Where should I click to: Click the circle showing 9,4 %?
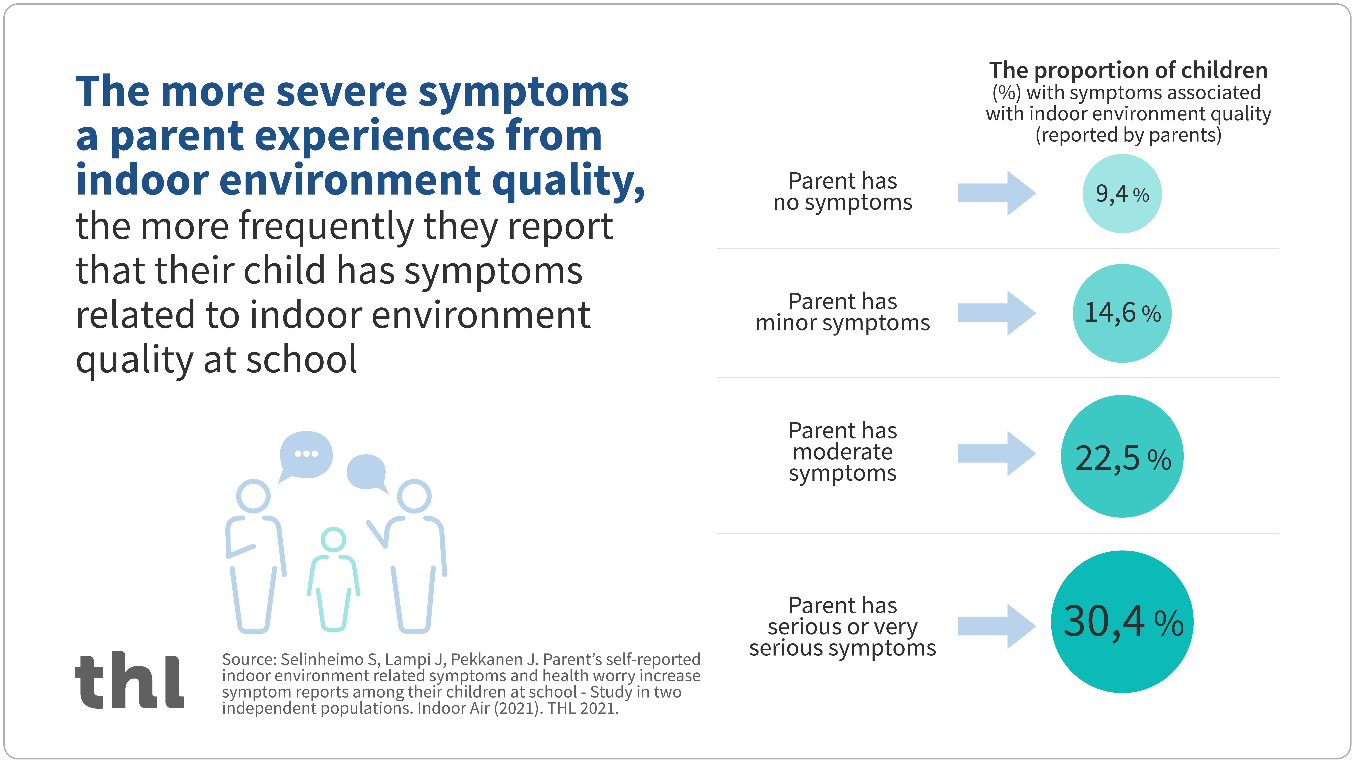[1122, 194]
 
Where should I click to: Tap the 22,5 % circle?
[1122, 456]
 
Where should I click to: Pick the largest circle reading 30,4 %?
[1122, 622]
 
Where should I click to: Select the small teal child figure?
[333, 578]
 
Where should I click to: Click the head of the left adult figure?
[253, 496]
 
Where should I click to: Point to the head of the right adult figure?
[414, 496]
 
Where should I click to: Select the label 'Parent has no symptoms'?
[843, 191]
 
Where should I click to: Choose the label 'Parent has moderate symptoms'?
[843, 452]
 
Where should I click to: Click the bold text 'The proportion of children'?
[1128, 70]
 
